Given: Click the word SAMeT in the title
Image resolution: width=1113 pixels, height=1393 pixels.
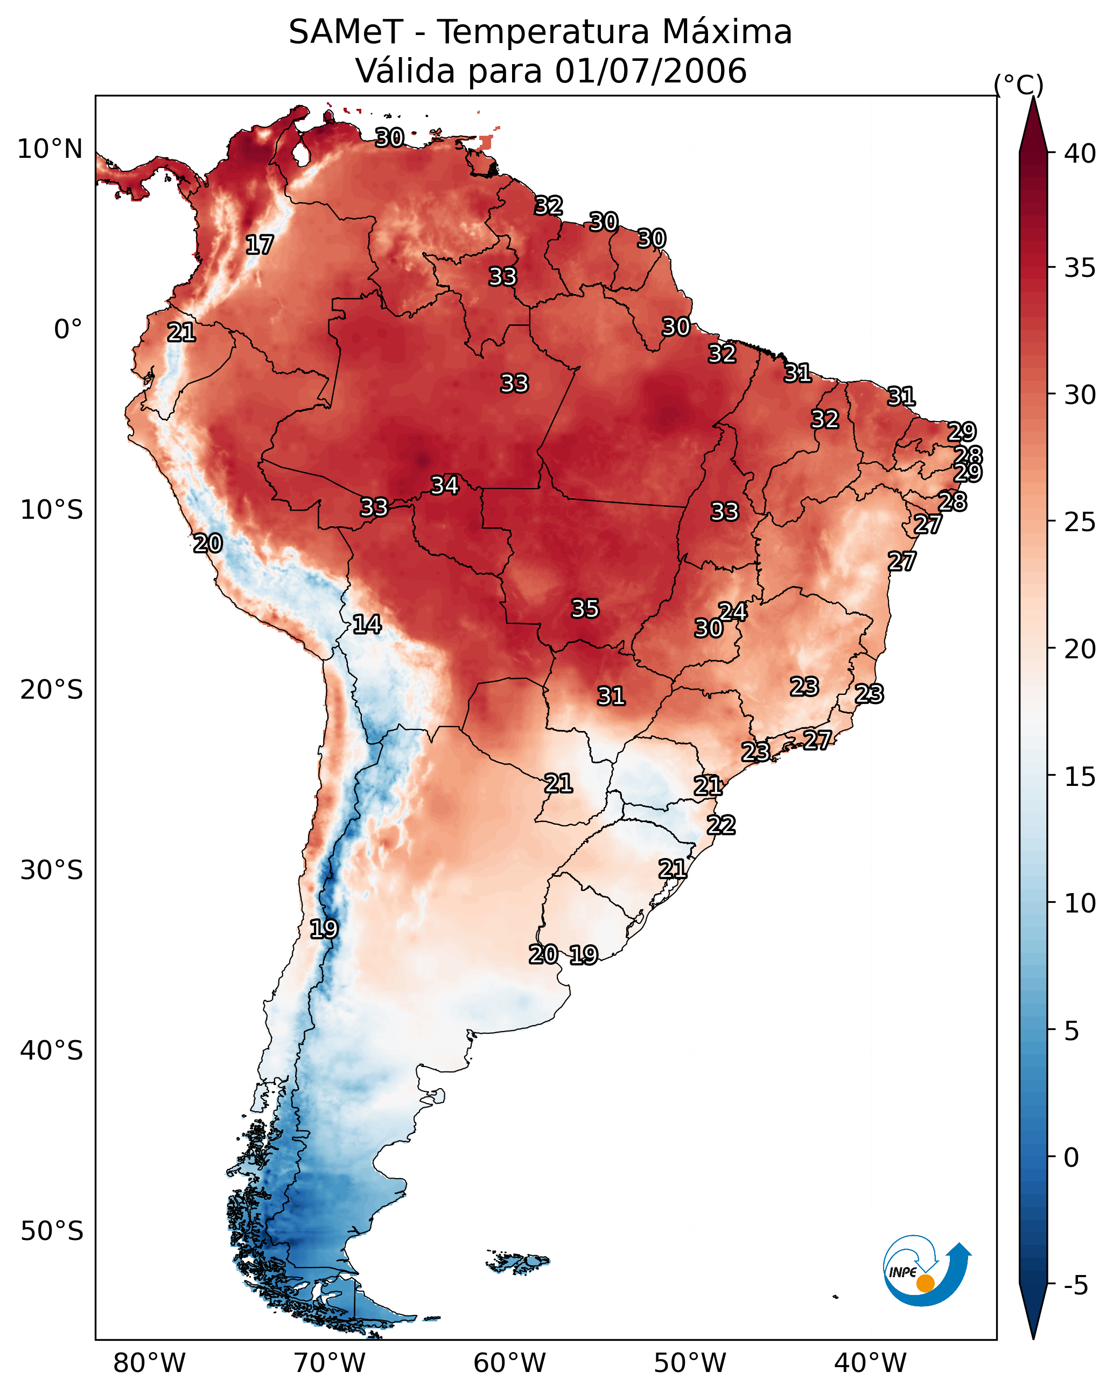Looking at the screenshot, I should [x=346, y=32].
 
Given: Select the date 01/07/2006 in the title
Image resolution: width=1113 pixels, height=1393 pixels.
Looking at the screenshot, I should [x=650, y=71].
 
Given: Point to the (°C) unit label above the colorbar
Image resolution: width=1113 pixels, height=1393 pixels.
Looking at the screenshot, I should [x=1018, y=85].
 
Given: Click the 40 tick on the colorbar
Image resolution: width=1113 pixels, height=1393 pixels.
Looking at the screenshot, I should [x=1080, y=154].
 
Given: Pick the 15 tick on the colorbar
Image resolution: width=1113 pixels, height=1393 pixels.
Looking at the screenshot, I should [x=1080, y=777].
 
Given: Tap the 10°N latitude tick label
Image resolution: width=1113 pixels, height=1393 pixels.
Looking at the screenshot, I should [x=50, y=149].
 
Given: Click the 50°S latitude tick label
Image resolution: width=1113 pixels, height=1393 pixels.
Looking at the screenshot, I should [x=52, y=1231].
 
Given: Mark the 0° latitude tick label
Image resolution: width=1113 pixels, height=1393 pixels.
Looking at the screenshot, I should [x=68, y=330].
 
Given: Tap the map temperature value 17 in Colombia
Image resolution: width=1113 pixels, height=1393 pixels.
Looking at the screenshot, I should [x=260, y=245].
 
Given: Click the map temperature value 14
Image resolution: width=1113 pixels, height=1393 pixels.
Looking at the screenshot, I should [x=367, y=624].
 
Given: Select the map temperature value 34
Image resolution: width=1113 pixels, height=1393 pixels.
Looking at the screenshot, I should [x=445, y=485].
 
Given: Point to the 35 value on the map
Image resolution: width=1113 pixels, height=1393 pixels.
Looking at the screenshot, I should [x=585, y=609].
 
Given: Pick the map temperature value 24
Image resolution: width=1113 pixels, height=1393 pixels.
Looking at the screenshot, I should [x=733, y=611].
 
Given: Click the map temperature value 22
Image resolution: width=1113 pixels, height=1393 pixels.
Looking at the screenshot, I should [x=721, y=825].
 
